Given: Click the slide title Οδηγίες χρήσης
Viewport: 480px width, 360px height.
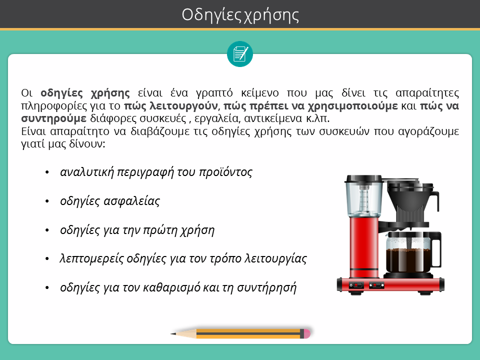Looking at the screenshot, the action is click(240, 15).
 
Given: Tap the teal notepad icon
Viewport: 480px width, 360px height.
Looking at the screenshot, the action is click(240, 54).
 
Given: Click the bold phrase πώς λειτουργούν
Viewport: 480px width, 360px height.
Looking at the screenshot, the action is click(170, 106).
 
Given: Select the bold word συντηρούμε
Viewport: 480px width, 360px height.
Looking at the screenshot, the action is click(54, 118).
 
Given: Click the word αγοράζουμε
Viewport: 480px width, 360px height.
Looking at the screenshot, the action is click(428, 131).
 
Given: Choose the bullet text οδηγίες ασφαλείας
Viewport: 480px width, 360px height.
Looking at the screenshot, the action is click(110, 201).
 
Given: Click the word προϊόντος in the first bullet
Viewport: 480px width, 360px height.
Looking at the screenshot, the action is click(225, 172).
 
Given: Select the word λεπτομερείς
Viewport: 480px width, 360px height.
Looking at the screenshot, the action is click(91, 259).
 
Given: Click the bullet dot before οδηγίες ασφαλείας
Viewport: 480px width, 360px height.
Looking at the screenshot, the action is click(47, 201).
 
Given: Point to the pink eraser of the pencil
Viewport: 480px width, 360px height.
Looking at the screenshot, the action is click(307, 333).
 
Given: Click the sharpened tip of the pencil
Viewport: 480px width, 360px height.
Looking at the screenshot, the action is click(171, 333).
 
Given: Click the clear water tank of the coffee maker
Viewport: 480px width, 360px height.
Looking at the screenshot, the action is click(363, 198).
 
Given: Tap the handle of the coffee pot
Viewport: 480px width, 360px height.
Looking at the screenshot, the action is click(437, 249).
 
